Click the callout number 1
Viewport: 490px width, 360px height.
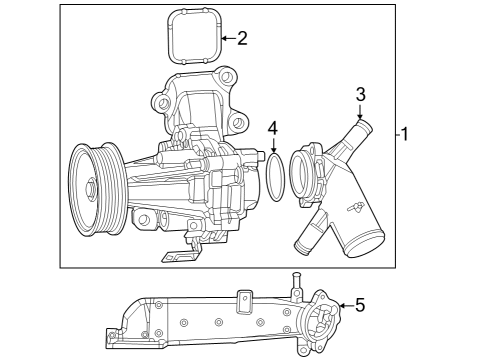coord(405,134)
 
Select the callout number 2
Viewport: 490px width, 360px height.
coord(241,39)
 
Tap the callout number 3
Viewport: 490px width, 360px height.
coord(360,94)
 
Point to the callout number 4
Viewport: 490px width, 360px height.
coord(272,128)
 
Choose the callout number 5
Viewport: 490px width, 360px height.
coord(360,305)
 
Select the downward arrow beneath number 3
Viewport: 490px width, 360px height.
coord(360,113)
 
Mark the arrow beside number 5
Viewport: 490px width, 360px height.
coord(343,305)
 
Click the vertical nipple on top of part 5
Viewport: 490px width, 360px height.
coord(297,283)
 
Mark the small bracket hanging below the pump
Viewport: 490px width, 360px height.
coord(178,255)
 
